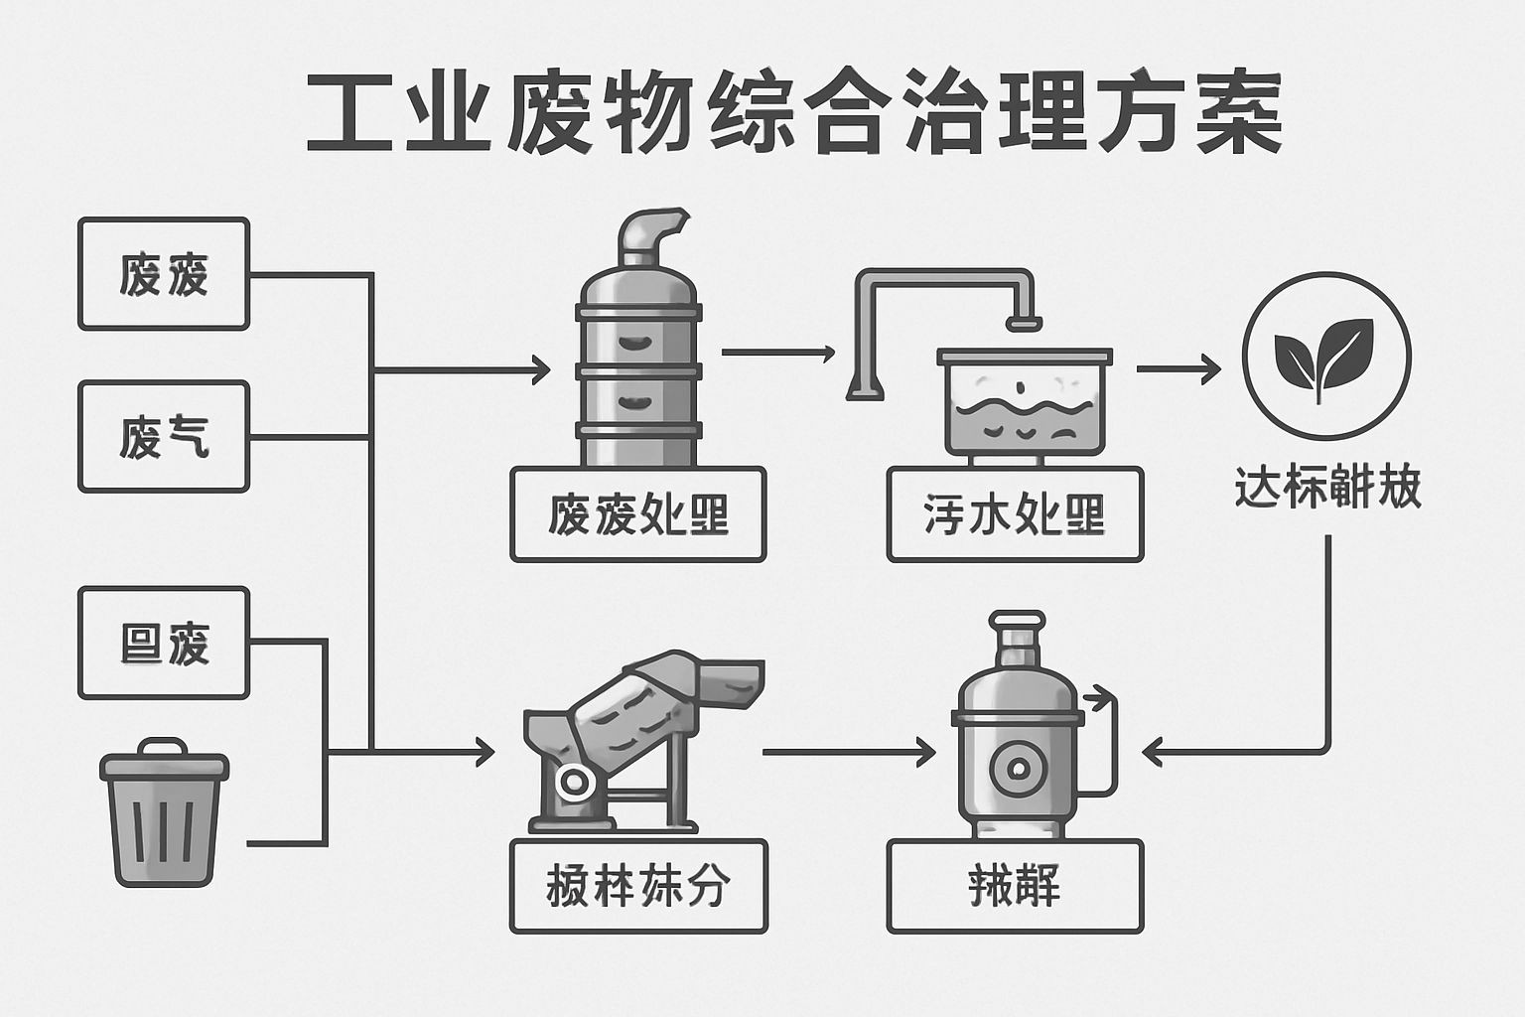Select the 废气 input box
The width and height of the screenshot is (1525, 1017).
[x=164, y=437]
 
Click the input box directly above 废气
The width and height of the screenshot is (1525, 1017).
[x=164, y=274]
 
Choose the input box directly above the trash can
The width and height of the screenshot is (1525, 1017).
[x=164, y=644]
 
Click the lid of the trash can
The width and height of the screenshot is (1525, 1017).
[x=164, y=762]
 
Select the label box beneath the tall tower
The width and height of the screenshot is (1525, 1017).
[x=637, y=514]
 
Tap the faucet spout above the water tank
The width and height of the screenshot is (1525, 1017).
[x=1024, y=321]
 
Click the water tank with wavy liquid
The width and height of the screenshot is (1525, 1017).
[x=1024, y=402]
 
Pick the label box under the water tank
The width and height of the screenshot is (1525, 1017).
[x=1015, y=514]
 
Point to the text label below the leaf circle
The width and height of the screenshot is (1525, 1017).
[x=1327, y=488]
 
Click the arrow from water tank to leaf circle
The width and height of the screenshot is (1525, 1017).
[x=1178, y=369]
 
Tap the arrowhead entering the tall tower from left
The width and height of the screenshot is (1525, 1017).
[x=541, y=370]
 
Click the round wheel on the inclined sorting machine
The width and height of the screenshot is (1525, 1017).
[x=575, y=782]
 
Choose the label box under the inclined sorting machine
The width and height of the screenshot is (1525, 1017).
[x=637, y=886]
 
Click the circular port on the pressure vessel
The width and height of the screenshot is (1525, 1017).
[x=1016, y=768]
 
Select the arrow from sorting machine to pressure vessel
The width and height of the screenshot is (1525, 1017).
[x=849, y=753]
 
